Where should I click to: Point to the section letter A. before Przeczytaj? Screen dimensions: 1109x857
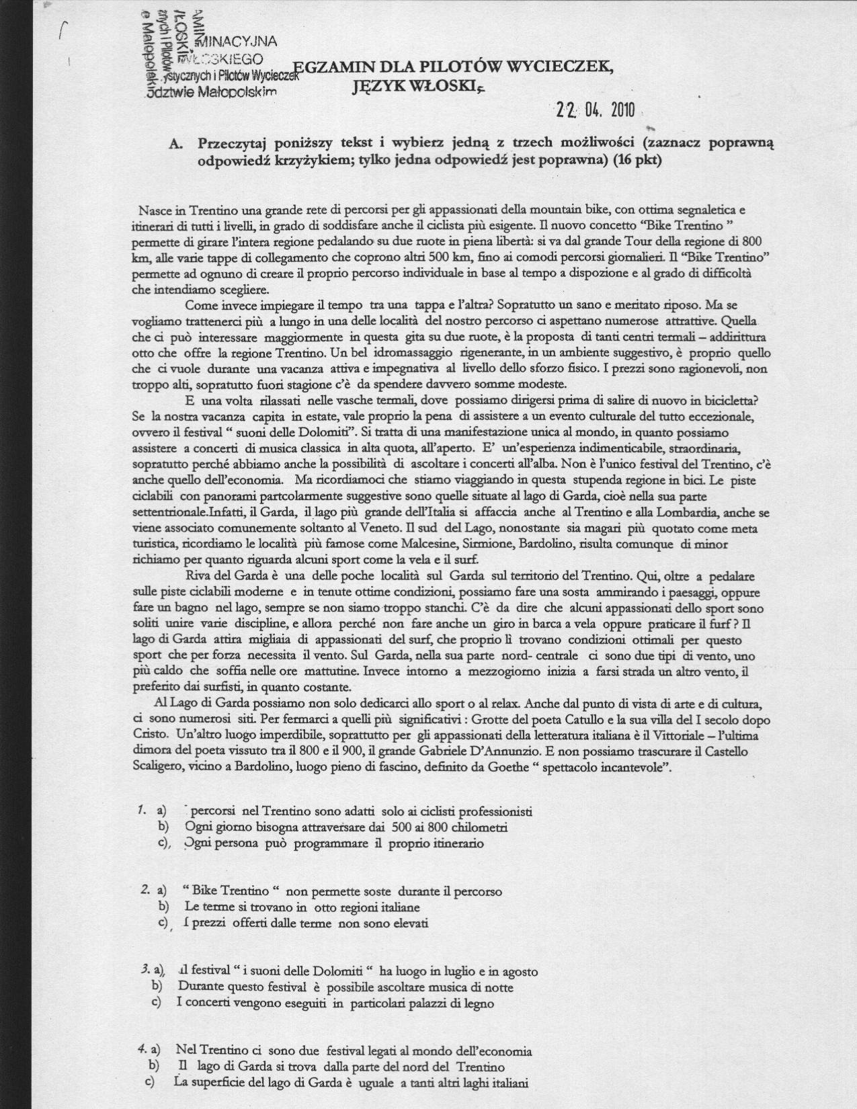tap(177, 143)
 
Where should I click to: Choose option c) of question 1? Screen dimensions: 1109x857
tap(163, 843)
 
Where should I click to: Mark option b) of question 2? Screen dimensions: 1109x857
tap(162, 907)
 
